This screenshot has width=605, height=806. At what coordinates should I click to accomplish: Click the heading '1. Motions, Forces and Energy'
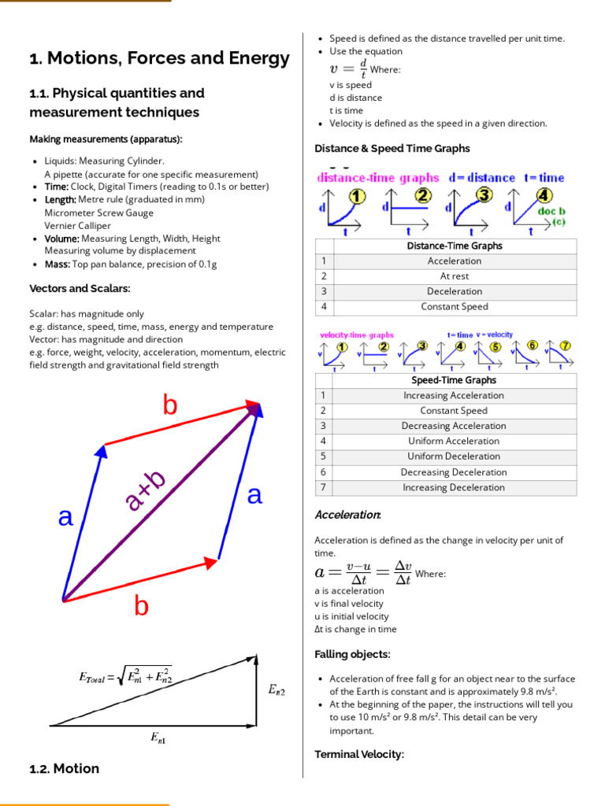(159, 58)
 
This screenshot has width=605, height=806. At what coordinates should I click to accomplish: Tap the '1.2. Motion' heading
(64, 768)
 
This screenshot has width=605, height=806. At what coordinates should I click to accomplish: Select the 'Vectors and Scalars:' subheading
(80, 288)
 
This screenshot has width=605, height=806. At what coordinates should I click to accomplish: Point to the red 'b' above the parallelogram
(170, 405)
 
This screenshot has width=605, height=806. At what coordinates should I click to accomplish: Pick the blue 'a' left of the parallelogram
(65, 518)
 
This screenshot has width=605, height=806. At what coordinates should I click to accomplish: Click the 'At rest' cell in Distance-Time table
(454, 276)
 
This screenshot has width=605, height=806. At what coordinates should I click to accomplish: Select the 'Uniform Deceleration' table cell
(454, 457)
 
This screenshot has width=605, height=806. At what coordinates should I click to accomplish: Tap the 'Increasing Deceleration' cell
(454, 487)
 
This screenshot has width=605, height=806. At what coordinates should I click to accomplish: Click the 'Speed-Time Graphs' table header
(454, 380)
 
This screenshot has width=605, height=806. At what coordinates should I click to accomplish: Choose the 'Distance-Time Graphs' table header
(454, 246)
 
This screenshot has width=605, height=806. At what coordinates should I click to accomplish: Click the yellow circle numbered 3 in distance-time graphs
(484, 195)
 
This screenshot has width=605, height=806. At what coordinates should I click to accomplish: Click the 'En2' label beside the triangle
(277, 690)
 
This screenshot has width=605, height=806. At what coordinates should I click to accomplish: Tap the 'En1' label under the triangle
(158, 738)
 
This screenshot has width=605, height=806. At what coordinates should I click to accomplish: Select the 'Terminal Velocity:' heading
(358, 754)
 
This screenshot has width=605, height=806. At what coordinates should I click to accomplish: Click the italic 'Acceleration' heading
(347, 515)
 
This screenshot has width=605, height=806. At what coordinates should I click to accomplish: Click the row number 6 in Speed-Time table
(323, 472)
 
